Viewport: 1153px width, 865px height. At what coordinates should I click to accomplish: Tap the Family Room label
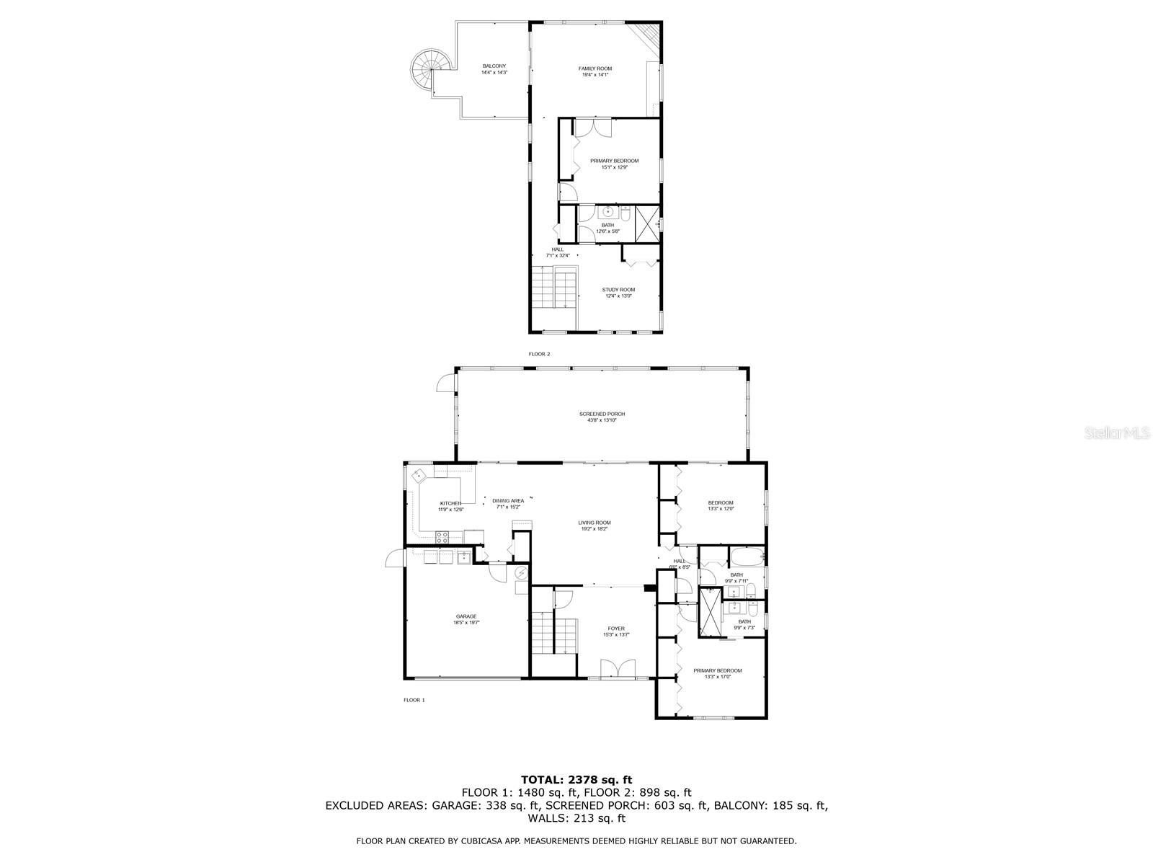(x=595, y=71)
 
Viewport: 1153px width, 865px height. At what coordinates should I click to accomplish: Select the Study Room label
(x=618, y=293)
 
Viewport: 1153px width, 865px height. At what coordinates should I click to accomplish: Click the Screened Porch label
(x=602, y=417)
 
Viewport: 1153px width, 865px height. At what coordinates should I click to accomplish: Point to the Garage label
(x=466, y=619)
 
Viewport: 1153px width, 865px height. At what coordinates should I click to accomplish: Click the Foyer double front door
(x=618, y=669)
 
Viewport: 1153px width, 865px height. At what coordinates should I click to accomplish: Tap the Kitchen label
(x=451, y=506)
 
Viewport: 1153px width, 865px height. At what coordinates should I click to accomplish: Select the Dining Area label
(x=508, y=503)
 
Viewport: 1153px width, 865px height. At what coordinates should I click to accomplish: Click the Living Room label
(x=595, y=525)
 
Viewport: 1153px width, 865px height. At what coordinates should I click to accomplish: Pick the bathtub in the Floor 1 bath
(x=747, y=557)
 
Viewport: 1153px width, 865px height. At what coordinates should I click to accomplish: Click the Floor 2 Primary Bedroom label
(x=614, y=164)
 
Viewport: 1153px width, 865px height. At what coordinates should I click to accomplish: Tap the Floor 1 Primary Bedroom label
(x=717, y=673)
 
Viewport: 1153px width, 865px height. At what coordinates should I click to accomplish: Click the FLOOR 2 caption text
(x=539, y=354)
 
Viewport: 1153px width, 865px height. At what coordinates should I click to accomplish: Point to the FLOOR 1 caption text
(x=414, y=700)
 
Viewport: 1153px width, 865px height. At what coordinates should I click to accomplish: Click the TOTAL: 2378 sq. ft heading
(x=576, y=779)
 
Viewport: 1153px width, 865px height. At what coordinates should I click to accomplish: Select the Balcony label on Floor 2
(x=494, y=69)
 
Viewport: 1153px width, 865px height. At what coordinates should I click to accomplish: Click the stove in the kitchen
(x=442, y=536)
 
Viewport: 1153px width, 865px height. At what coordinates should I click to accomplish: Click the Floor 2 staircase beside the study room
(x=555, y=287)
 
